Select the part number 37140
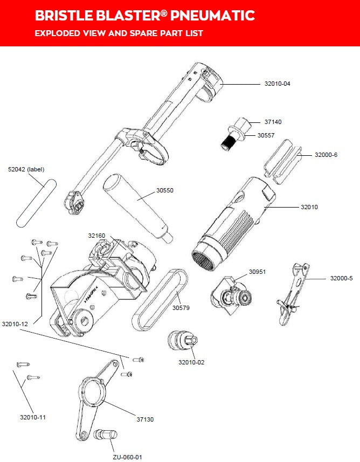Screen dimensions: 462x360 coord(273,122)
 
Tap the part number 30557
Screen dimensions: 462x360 coord(266,135)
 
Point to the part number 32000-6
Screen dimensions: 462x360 coord(327,155)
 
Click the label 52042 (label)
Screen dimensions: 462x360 coord(26,168)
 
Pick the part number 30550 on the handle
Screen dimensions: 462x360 coord(168,190)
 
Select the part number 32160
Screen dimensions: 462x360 coord(96,236)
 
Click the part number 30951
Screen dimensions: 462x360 coord(258,272)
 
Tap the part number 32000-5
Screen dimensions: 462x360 coord(341,278)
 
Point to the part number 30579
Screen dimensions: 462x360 coord(181,308)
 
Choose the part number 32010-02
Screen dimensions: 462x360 coord(191,362)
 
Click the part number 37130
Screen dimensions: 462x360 coord(145,419)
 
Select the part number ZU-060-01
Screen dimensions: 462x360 coord(127,457)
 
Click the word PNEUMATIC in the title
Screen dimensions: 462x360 coord(212,15)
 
